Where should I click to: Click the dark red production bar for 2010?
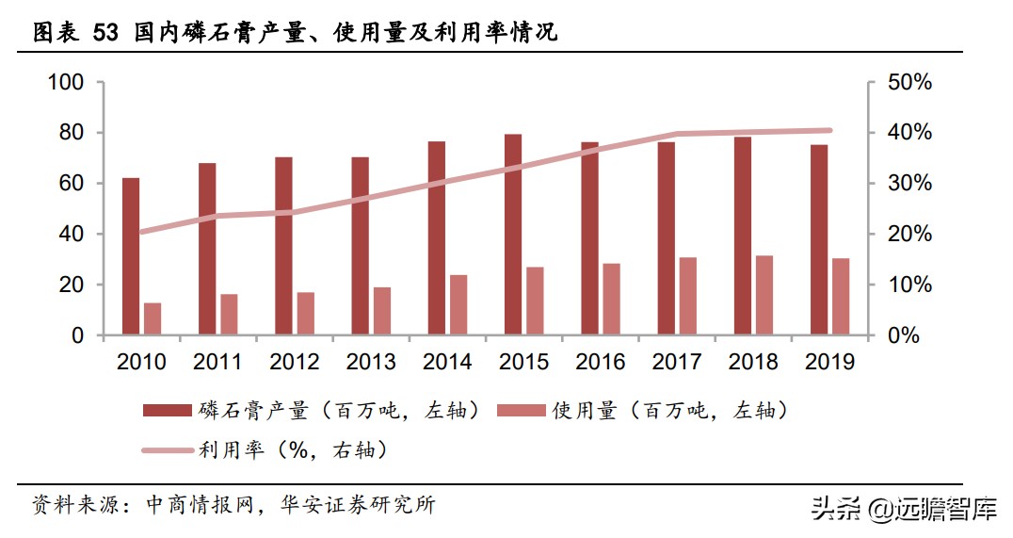[131, 256]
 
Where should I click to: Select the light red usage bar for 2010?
[153, 318]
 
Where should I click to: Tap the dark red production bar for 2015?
[513, 235]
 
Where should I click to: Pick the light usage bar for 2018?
[764, 295]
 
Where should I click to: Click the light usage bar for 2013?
[382, 311]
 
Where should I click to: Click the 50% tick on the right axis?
[909, 83]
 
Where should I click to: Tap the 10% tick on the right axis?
[909, 285]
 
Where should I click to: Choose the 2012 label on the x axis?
[294, 362]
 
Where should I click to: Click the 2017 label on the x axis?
[677, 362]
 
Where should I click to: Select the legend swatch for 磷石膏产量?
[168, 410]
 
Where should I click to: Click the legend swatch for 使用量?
[520, 410]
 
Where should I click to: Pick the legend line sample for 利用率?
[168, 450]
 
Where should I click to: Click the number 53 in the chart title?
[105, 33]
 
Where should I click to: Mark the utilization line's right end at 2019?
[829, 131]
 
